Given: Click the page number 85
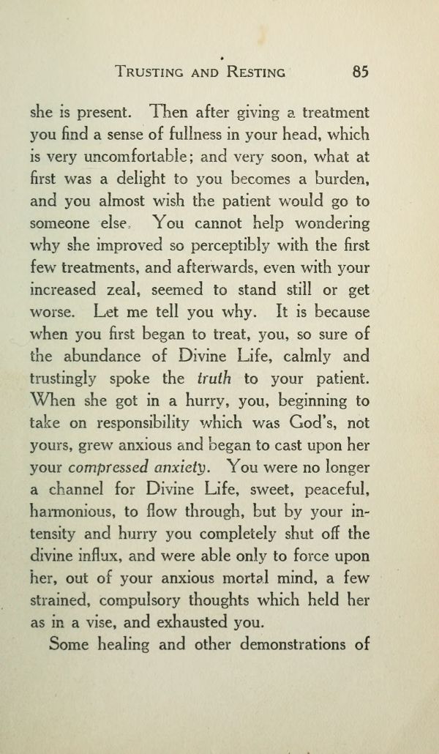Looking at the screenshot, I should click(359, 72).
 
